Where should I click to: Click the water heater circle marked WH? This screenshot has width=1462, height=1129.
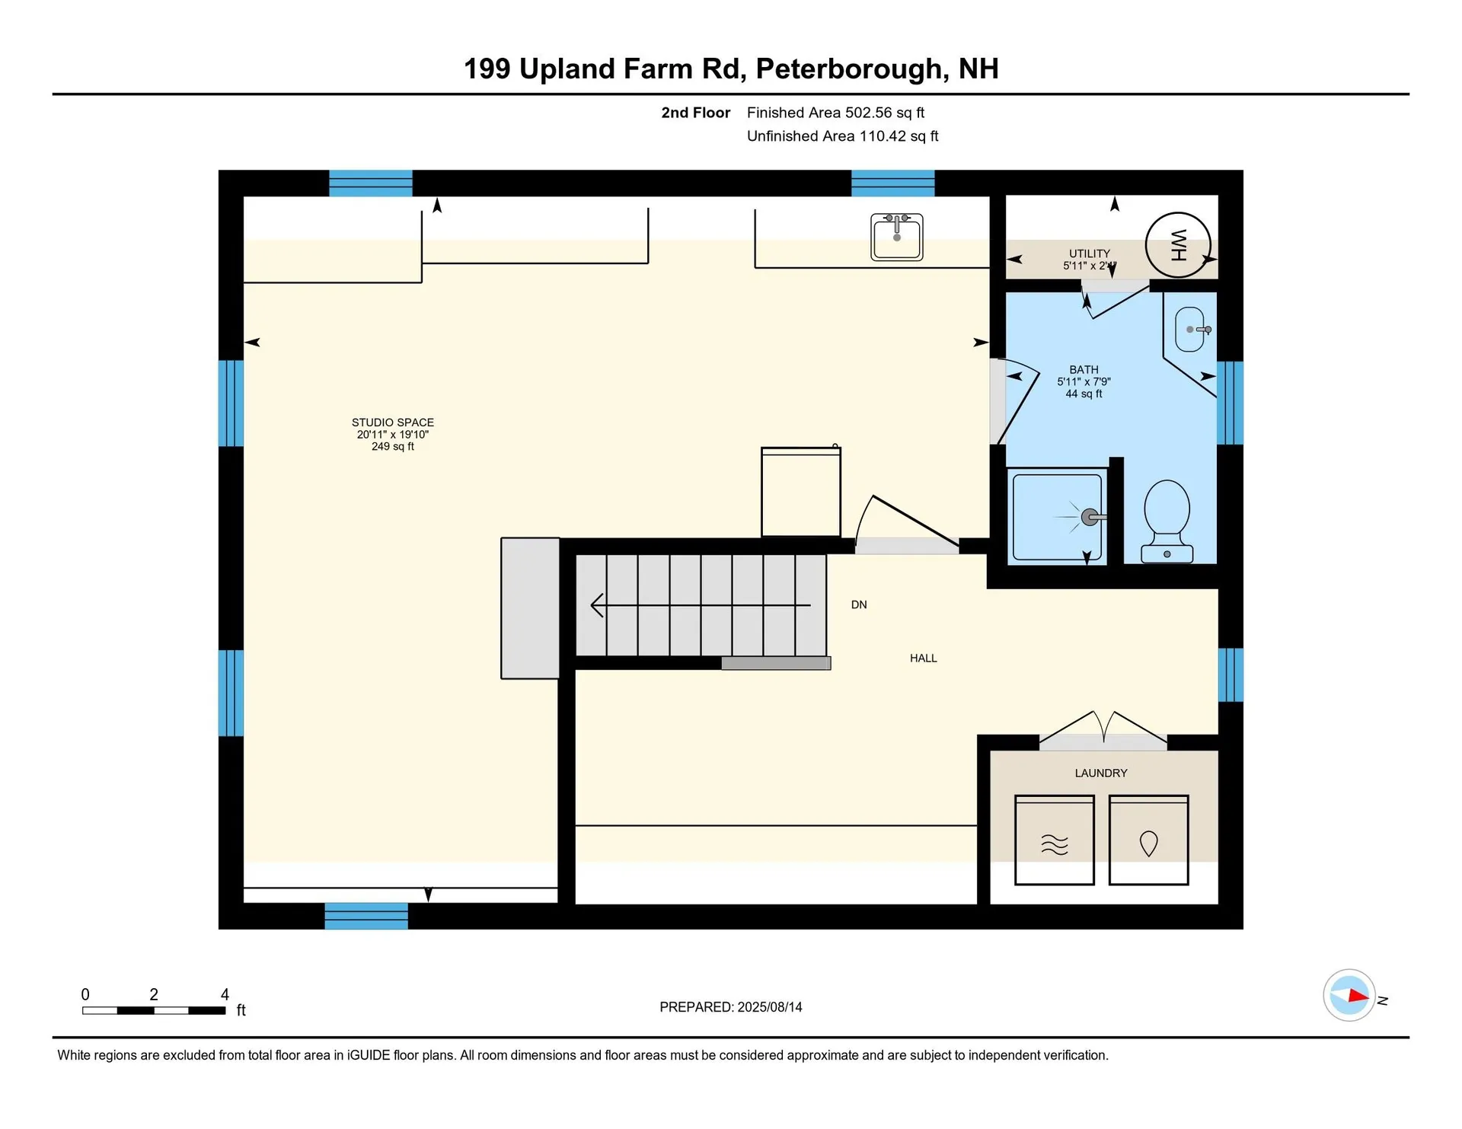tap(1177, 245)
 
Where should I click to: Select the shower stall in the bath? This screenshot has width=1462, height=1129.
tap(1057, 517)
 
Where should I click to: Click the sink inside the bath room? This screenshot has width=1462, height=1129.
tap(1189, 330)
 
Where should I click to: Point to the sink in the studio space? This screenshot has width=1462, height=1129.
tap(896, 237)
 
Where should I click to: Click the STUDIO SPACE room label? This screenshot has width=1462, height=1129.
tap(392, 422)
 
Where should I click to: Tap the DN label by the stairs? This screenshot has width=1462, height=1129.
tap(859, 604)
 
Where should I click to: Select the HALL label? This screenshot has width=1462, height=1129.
tap(923, 658)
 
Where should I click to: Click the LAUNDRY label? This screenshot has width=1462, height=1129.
tap(1100, 773)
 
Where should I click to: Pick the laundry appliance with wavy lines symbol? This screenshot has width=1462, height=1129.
tap(1054, 840)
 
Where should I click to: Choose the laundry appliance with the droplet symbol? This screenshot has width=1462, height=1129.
tap(1148, 840)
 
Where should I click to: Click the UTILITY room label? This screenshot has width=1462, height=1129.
tap(1089, 254)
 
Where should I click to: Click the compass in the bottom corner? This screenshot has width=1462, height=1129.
tap(1349, 995)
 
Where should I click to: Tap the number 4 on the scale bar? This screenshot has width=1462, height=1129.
tap(225, 994)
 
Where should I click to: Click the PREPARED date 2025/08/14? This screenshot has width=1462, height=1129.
tap(769, 1006)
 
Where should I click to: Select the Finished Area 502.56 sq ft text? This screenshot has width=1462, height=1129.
tap(835, 113)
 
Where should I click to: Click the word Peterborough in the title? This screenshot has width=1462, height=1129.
tap(851, 69)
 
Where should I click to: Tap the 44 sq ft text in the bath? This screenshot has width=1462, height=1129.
tap(1084, 394)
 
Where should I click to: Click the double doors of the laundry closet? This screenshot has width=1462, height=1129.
tap(1103, 729)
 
